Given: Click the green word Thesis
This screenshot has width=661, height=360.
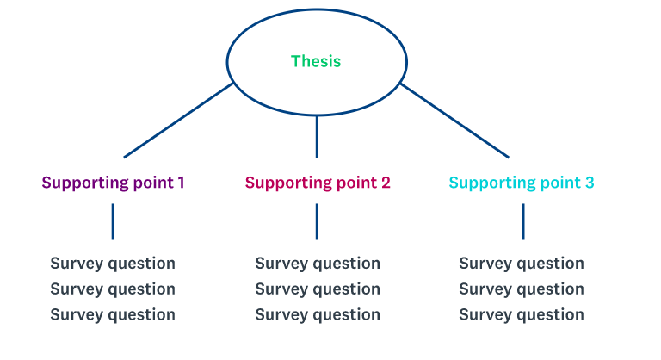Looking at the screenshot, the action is [x=316, y=61].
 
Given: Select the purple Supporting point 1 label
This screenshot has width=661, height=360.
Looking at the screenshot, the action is [x=113, y=183].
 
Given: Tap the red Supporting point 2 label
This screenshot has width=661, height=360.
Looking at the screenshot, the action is [x=318, y=183].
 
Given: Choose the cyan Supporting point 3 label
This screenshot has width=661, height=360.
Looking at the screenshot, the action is [x=522, y=183].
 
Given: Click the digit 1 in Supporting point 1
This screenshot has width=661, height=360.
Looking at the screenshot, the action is [x=181, y=183].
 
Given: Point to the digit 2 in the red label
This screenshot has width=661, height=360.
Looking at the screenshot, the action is [x=386, y=183].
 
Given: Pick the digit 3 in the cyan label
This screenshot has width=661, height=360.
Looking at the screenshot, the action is [x=590, y=183].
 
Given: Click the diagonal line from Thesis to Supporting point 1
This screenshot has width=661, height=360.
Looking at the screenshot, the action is [x=178, y=121].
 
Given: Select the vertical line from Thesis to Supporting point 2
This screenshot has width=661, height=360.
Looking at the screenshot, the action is [x=317, y=136].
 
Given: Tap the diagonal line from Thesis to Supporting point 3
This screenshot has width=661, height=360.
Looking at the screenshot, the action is [x=454, y=121].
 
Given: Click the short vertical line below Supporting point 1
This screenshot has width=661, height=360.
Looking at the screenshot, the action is [x=113, y=221].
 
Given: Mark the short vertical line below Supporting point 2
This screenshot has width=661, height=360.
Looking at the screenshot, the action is [x=317, y=221].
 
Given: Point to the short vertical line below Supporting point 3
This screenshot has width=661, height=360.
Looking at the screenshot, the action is [x=523, y=221].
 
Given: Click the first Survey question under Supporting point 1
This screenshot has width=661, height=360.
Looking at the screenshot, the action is [x=113, y=264].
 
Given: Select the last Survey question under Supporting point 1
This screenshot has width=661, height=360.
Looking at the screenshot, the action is [x=113, y=315].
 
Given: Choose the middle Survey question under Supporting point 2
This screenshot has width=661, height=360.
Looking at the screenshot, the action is [x=318, y=289].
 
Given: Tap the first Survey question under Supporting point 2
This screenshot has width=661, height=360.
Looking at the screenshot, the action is [x=318, y=264].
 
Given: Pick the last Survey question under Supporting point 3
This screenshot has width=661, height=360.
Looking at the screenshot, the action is [x=522, y=315].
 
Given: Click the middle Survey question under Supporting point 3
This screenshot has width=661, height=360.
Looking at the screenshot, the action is [x=522, y=289].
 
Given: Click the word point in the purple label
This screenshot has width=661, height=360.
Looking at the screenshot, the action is [x=153, y=183].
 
